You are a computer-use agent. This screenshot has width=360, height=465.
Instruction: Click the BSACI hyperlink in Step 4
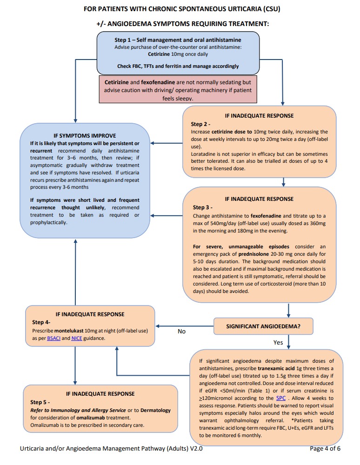tap(54, 338)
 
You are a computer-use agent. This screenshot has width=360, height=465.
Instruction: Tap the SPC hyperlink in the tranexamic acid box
tap(281, 398)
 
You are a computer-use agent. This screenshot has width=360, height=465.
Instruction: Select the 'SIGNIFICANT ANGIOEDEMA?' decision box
tap(263, 326)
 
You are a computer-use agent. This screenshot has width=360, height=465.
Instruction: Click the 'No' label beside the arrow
tap(182, 332)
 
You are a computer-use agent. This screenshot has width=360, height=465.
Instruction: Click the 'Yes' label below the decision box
tap(278, 342)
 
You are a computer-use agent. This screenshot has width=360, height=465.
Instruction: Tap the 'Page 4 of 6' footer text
tap(325, 449)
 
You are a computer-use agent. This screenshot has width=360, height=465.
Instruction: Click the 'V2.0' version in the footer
tap(195, 449)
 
